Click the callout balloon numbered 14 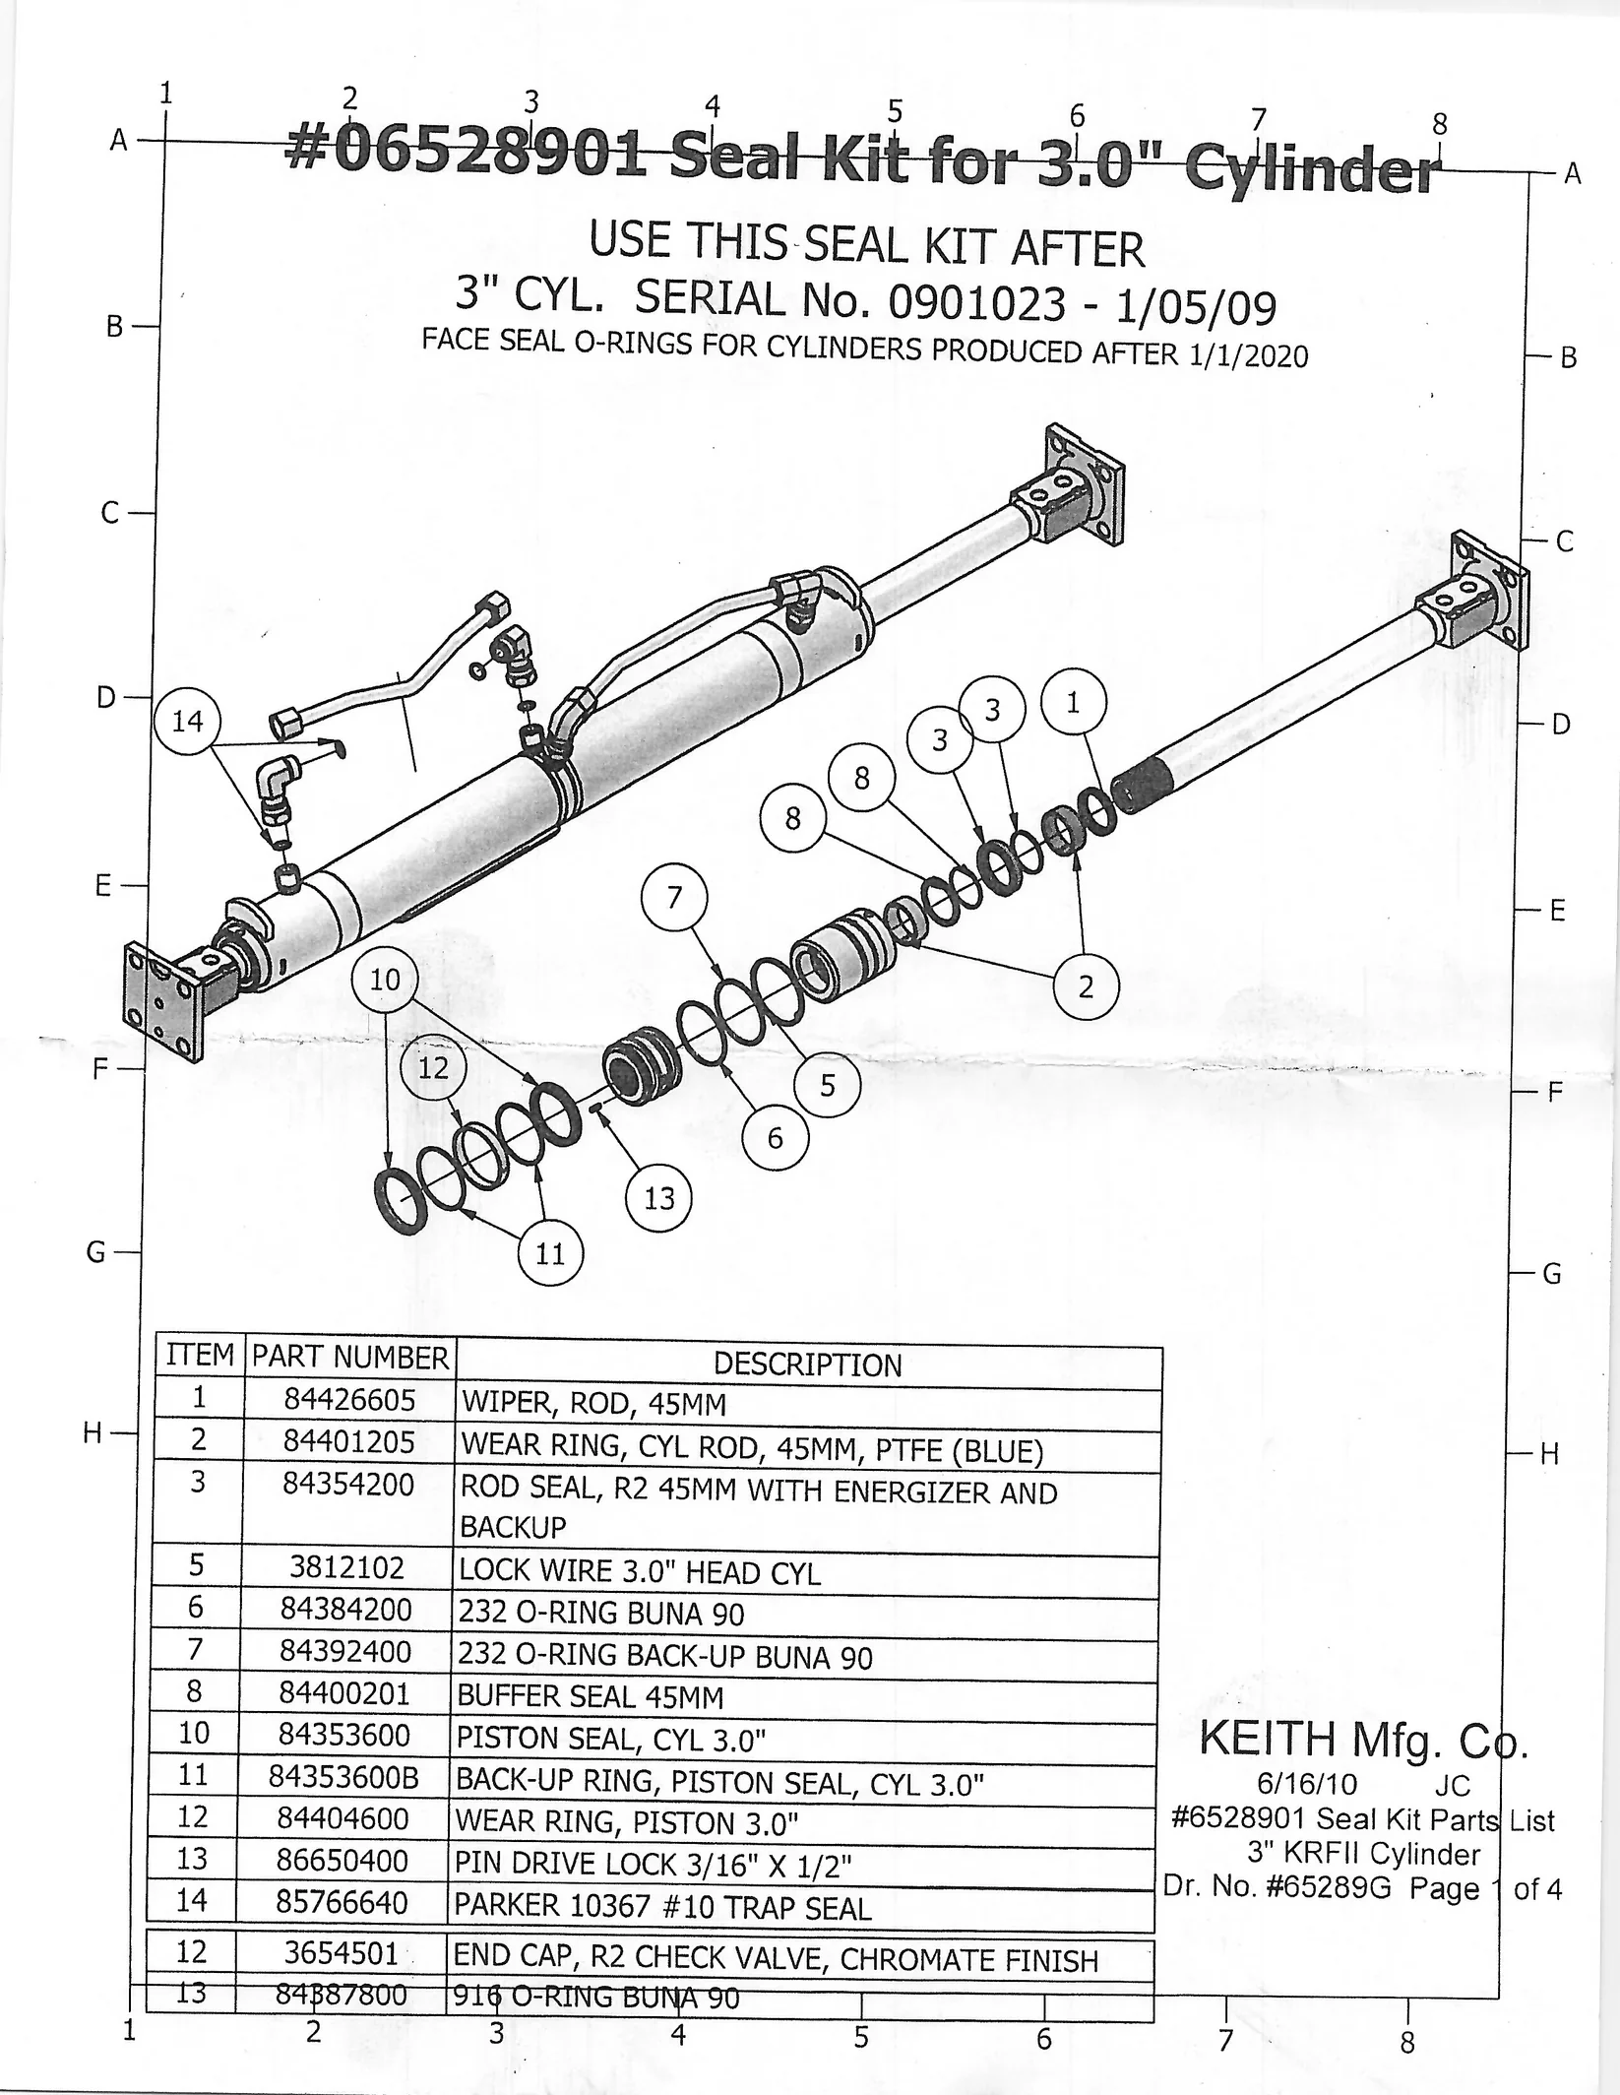coord(187,722)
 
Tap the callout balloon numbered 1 coord(1073,703)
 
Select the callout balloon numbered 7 coord(674,897)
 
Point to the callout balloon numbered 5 coord(827,1085)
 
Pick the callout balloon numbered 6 coord(775,1138)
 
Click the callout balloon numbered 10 coord(385,980)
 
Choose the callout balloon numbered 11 coord(550,1253)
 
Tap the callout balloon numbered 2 coord(1086,986)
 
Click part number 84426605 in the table coord(349,1400)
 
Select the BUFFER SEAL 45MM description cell coord(591,1696)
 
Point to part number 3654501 coord(341,1953)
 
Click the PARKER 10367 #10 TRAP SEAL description coord(662,1908)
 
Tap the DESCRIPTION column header coord(807,1365)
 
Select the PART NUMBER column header coord(349,1358)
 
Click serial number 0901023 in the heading coord(976,303)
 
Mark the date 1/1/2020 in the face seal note coord(1248,354)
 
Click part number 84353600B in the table coord(343,1778)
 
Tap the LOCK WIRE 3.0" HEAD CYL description coord(640,1572)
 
